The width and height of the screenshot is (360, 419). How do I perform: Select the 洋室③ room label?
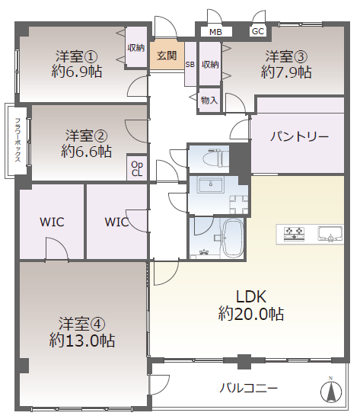pos(286,56)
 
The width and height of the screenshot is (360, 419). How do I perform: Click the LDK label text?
pos(250,296)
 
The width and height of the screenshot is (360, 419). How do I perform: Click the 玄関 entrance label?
pos(167,55)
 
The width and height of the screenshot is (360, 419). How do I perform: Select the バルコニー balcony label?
pos(249,388)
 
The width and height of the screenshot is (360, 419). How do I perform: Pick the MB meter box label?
pos(215,32)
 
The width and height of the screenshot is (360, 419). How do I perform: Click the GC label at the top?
pos(258,31)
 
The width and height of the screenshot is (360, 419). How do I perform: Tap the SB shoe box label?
pos(190,65)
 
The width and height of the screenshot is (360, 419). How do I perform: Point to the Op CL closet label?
pos(137,168)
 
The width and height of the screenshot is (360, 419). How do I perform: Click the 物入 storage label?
pos(209,100)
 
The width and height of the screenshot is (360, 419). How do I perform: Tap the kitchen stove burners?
pos(295,233)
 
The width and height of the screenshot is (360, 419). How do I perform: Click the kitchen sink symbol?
pos(330,233)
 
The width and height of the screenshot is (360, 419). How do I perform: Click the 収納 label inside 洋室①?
pos(136,49)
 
